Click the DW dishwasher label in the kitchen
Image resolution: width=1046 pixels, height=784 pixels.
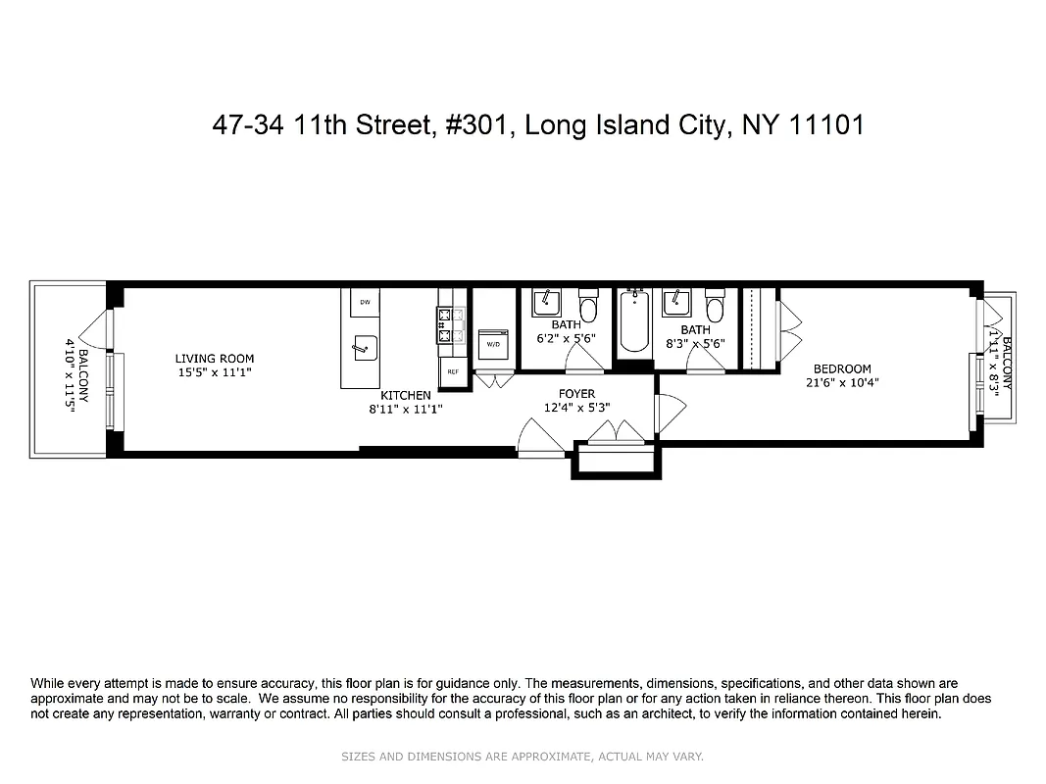click(365, 302)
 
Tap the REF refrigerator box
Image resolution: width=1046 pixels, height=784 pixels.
click(453, 371)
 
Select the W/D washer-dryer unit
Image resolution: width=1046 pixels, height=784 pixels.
click(493, 345)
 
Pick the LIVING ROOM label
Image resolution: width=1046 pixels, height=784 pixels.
click(208, 359)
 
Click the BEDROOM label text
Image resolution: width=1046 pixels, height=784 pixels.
click(841, 369)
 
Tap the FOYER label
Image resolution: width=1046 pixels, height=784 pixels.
click(577, 394)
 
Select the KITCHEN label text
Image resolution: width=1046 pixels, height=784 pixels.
click(406, 396)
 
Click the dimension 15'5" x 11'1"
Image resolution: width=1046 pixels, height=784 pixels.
click(208, 372)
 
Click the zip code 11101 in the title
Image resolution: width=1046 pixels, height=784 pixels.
click(832, 126)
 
